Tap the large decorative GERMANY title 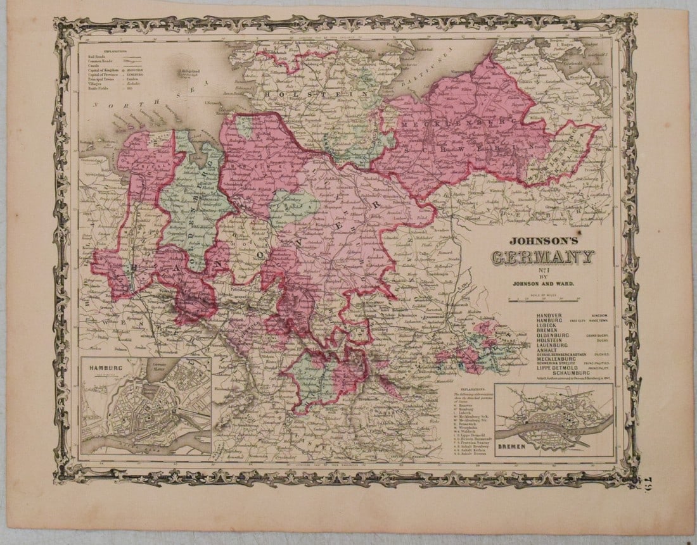[x=543, y=258]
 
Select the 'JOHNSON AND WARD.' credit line [x=543, y=284]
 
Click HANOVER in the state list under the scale [x=549, y=315]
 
